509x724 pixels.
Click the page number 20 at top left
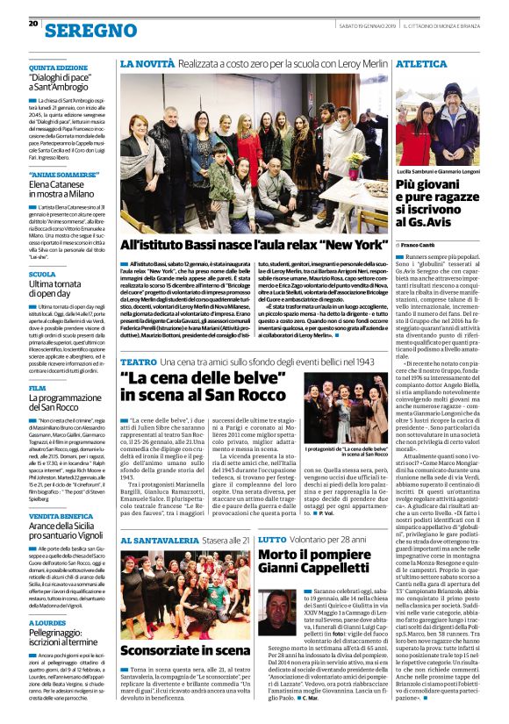(x=32, y=23)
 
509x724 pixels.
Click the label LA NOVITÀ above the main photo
(x=146, y=64)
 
